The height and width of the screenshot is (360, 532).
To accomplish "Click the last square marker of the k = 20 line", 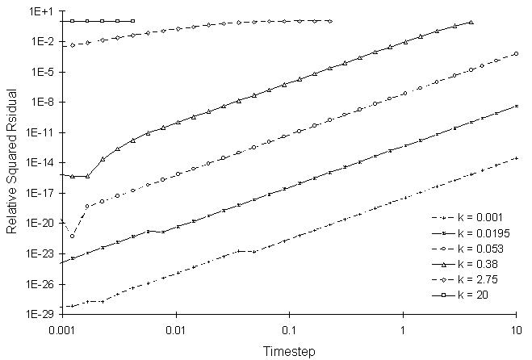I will coord(132,21).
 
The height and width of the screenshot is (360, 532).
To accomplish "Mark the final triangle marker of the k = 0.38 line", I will coord(471,22).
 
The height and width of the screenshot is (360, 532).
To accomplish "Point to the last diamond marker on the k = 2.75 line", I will coord(330,21).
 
